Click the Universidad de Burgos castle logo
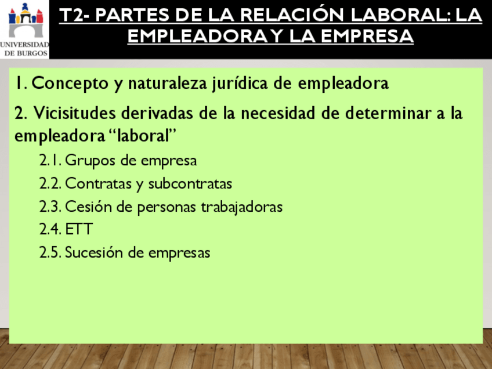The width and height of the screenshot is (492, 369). pos(26,20)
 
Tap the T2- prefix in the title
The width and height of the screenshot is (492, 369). pos(75,15)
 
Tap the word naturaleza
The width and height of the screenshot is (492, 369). pos(168,84)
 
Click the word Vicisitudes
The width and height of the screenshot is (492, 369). pos(75,113)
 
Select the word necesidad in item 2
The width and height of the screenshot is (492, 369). pos(278,113)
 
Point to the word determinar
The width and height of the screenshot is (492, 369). pos(388,113)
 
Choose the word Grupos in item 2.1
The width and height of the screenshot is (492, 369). pos(91,161)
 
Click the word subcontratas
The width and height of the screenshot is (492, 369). pos(190,183)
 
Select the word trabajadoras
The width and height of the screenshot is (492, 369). pos(241,207)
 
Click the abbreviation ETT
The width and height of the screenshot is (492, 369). pos(79,229)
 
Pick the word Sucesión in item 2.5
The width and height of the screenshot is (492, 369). pos(93,252)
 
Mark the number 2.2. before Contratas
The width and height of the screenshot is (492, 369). pos(50,183)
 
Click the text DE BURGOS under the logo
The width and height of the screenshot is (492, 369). pos(26,53)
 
